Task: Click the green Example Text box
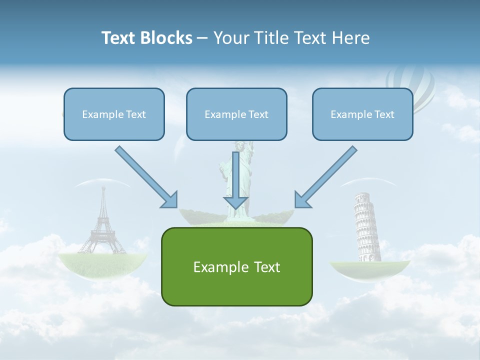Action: [236, 266]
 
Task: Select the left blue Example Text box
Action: [114, 114]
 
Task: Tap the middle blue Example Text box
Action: [236, 114]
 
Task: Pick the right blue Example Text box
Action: [362, 114]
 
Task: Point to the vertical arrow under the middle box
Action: [235, 180]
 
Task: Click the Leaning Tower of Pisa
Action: [366, 227]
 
